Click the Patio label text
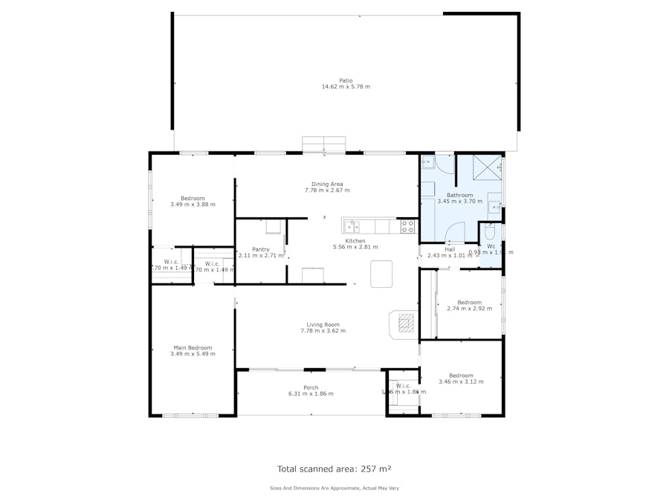[x=346, y=80]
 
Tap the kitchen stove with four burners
[x=407, y=227]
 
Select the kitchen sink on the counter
[x=352, y=227]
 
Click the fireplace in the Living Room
[x=405, y=324]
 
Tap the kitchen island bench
[x=381, y=273]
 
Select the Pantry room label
[x=260, y=249]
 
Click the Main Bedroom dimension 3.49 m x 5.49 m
[x=193, y=354]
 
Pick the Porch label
[x=311, y=387]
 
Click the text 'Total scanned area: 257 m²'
[x=334, y=469]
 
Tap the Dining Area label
[x=327, y=184]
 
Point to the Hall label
[x=450, y=249]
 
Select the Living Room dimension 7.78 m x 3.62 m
[x=323, y=331]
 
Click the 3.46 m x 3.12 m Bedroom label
[x=461, y=376]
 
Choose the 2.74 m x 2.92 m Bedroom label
[x=469, y=302]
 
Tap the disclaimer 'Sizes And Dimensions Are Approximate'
[x=334, y=489]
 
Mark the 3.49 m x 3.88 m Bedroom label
[x=193, y=198]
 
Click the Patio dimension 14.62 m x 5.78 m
[x=346, y=87]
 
